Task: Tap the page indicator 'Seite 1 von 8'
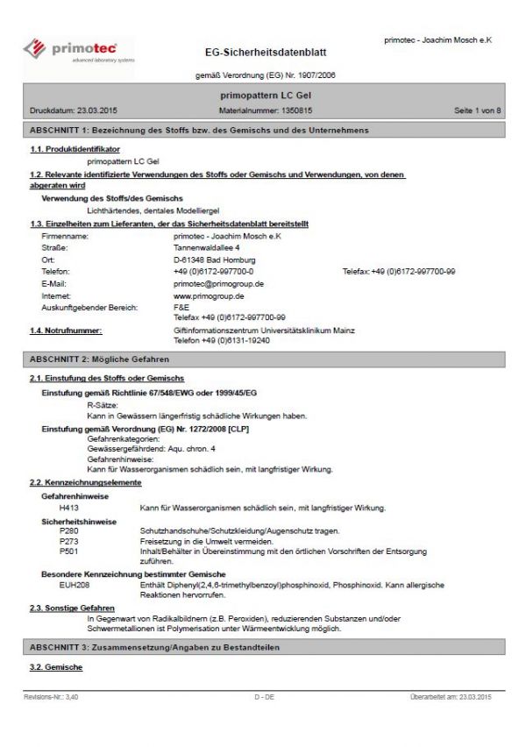pyautogui.click(x=477, y=110)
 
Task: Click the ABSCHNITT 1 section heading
pyautogui.click(x=199, y=130)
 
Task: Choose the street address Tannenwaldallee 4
pyautogui.click(x=207, y=248)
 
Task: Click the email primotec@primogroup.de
pyautogui.click(x=218, y=284)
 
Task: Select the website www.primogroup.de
pyautogui.click(x=209, y=296)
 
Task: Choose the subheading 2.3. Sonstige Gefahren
pyautogui.click(x=72, y=608)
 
